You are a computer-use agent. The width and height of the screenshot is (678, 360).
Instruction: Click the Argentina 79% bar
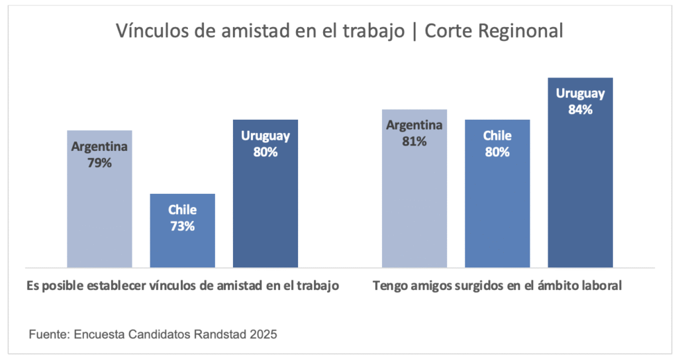click(99, 199)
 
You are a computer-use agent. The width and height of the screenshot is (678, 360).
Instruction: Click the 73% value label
click(182, 226)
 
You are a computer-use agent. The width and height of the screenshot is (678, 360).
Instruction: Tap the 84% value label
click(580, 110)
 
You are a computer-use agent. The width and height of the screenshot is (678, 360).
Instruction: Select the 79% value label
click(99, 163)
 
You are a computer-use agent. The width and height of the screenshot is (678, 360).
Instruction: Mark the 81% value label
click(414, 141)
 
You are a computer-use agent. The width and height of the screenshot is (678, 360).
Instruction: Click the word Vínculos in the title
click(148, 31)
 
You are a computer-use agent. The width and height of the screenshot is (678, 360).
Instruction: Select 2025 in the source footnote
click(263, 335)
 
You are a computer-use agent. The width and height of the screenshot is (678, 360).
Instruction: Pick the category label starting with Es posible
click(183, 286)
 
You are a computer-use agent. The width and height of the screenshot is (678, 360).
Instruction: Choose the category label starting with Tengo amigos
click(497, 286)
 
